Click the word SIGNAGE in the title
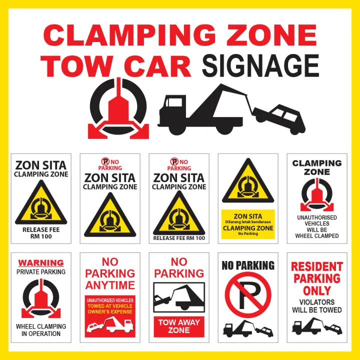260,66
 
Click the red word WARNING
41,262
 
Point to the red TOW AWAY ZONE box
179,326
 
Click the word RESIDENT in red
317,266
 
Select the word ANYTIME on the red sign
110,285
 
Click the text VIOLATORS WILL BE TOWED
317,306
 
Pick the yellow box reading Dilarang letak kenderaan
248,224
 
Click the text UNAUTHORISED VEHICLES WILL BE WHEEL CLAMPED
317,226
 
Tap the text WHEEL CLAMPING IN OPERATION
41,330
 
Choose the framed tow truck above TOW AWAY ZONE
179,297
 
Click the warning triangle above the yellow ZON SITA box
248,181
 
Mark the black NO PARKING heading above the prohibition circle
248,265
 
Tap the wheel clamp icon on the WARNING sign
41,299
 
